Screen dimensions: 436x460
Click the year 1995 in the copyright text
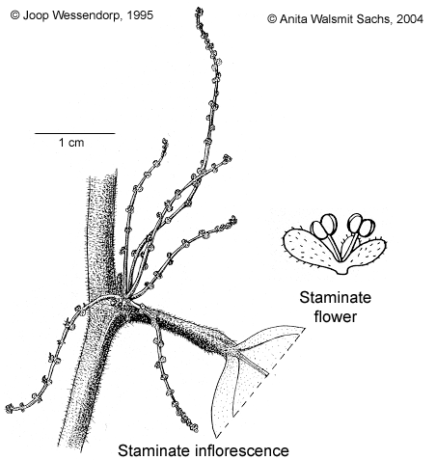[x=140, y=15]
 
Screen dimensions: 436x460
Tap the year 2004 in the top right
[x=410, y=19]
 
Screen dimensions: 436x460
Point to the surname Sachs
[x=376, y=19]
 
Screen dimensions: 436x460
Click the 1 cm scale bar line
[x=74, y=133]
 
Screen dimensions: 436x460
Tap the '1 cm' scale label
[x=71, y=143]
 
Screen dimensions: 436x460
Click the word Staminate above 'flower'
[x=336, y=297]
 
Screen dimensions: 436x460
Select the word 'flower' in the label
[x=336, y=316]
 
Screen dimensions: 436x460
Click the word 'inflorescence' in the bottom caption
[x=242, y=450]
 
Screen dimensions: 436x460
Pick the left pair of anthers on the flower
[x=324, y=226]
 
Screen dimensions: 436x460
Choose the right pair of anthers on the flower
[x=362, y=225]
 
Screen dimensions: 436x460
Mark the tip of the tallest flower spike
[x=199, y=10]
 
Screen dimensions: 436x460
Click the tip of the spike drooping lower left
[x=8, y=409]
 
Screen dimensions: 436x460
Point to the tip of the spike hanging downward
[x=195, y=429]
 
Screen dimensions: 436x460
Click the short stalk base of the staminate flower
[x=342, y=271]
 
